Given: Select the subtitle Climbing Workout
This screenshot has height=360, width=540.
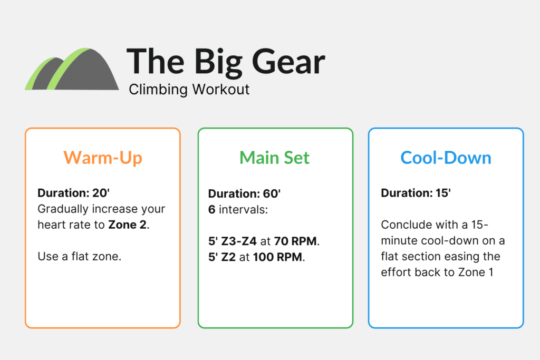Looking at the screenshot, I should [x=189, y=89].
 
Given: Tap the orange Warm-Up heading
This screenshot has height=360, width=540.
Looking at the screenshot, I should [x=102, y=157].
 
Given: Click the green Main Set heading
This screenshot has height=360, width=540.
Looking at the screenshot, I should [x=274, y=157].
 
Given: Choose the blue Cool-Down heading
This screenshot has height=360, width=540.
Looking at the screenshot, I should [x=446, y=157].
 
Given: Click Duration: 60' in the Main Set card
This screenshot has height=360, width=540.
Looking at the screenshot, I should [x=244, y=193].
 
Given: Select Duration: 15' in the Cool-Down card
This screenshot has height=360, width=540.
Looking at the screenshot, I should [x=416, y=193].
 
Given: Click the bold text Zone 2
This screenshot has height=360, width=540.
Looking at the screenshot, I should [x=128, y=225].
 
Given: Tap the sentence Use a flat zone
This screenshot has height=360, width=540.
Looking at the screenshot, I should [x=80, y=257].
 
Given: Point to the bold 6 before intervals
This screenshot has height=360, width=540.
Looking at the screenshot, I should [x=211, y=210].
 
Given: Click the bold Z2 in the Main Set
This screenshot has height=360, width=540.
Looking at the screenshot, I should [x=228, y=258].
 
